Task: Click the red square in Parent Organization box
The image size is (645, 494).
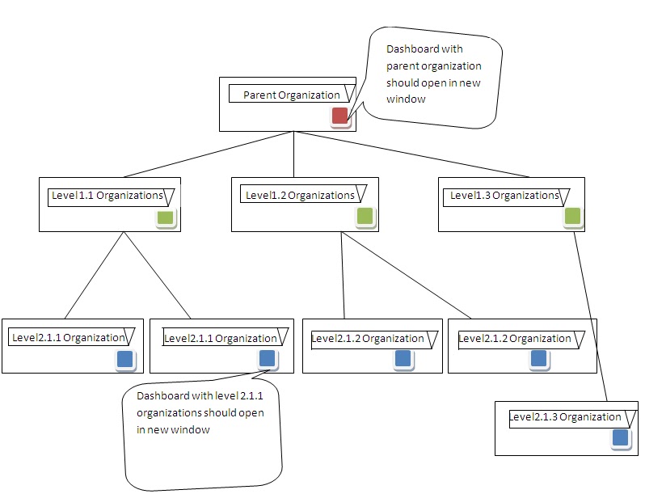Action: click(x=340, y=116)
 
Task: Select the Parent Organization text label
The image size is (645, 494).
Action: click(x=291, y=95)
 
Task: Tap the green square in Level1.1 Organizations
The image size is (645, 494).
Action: click(x=165, y=217)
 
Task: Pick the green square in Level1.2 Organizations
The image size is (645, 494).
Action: click(x=365, y=216)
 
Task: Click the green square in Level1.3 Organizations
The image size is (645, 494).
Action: click(x=572, y=216)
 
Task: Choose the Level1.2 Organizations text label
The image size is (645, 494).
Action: click(x=299, y=195)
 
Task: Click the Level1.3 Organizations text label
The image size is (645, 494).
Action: click(x=504, y=195)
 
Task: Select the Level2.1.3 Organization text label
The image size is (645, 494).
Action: click(x=565, y=417)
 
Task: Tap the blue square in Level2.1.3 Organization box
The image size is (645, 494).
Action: click(x=620, y=438)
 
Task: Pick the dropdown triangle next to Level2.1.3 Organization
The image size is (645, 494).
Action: click(x=627, y=418)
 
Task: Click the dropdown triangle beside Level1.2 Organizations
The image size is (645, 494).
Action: click(x=360, y=195)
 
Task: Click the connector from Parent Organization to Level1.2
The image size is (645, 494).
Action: click(x=293, y=154)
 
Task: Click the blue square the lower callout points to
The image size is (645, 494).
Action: click(x=267, y=358)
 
